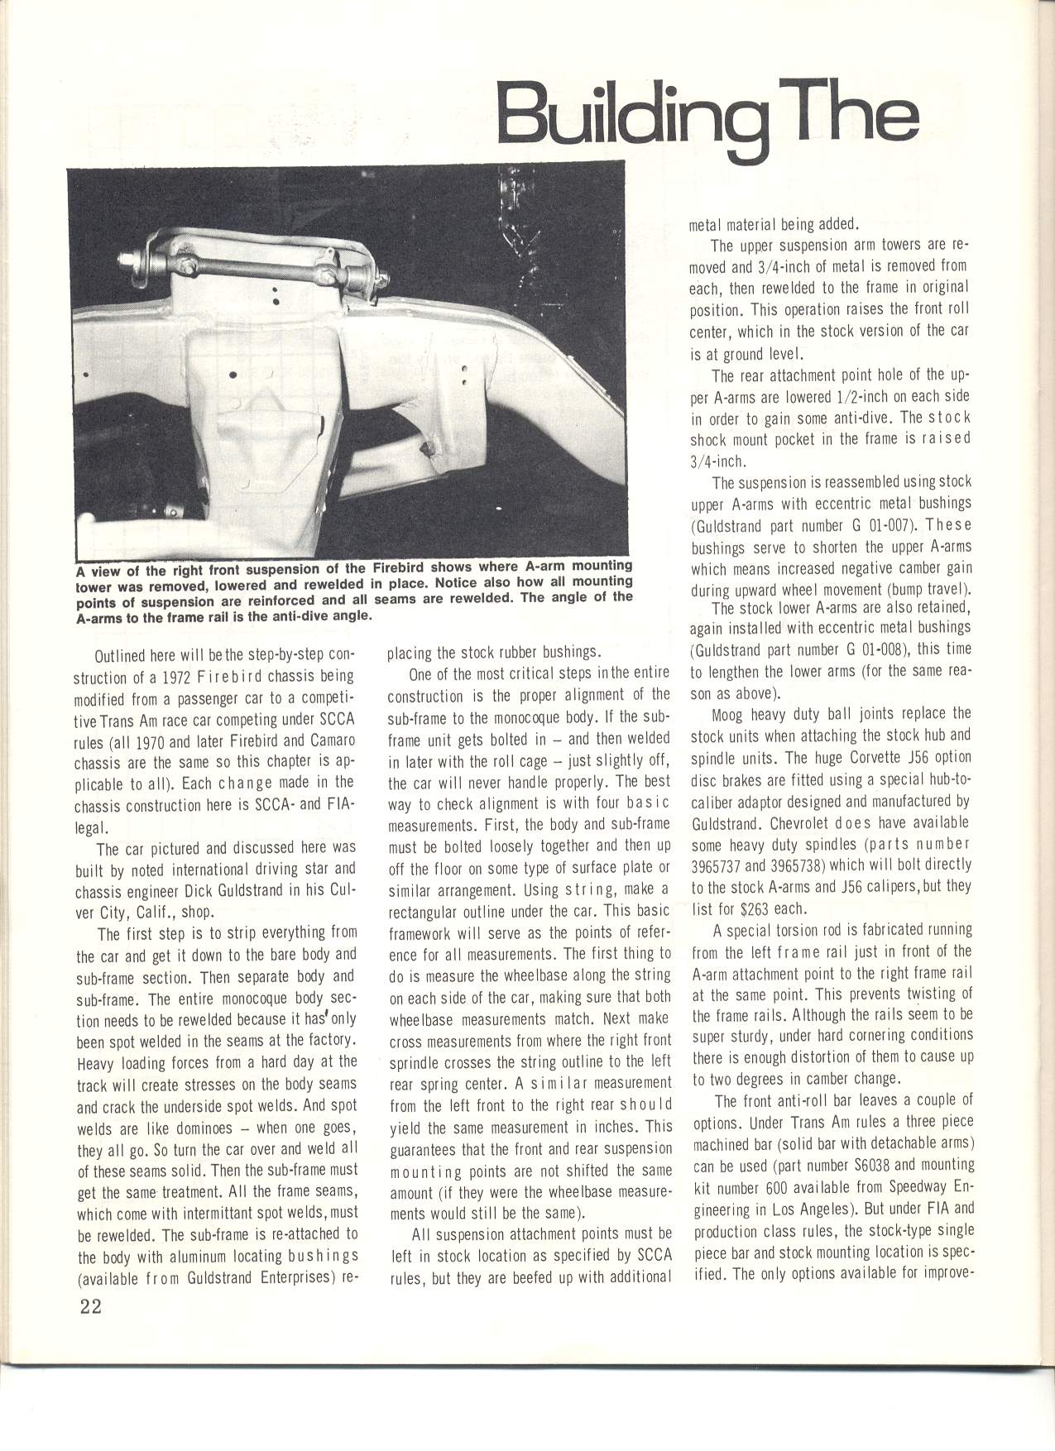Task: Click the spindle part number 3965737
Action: click(x=722, y=865)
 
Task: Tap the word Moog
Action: click(x=728, y=714)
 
